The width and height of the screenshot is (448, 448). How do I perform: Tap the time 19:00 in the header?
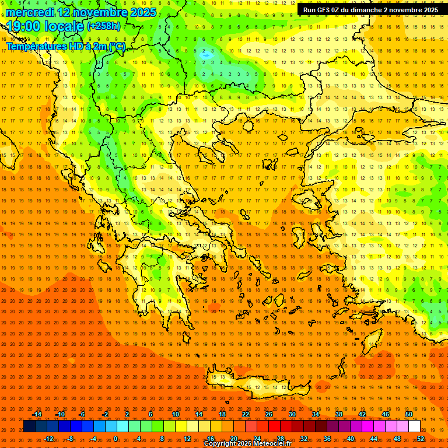(x=24, y=26)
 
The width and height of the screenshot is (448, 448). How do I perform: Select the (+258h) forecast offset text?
(x=104, y=26)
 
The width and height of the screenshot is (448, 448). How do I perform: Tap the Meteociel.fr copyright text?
(x=247, y=444)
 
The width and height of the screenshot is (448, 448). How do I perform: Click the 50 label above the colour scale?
(x=409, y=414)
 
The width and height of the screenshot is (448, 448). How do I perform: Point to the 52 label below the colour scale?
(x=421, y=439)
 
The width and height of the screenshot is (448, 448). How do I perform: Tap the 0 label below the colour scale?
(x=116, y=439)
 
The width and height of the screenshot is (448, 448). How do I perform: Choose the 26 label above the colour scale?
(x=268, y=414)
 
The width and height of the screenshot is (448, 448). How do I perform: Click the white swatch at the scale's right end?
(x=414, y=426)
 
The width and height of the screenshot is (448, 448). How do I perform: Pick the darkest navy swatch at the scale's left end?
(x=29, y=426)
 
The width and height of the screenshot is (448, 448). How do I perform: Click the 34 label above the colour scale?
(x=315, y=414)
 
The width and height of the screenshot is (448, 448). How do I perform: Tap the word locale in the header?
(x=64, y=26)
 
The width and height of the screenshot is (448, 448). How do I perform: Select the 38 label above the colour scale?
(x=338, y=414)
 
